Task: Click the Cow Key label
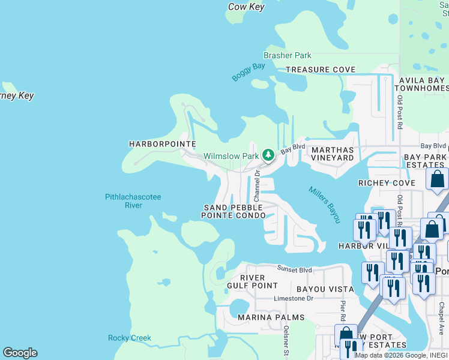coord(247,7)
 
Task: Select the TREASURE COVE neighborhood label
coord(321,70)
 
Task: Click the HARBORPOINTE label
coord(162,144)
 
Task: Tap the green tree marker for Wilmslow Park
coord(268,156)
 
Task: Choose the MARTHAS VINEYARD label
coord(332,154)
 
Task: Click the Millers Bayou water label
coord(325,204)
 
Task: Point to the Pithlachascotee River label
coord(133,201)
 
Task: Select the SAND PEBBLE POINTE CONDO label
coord(233,211)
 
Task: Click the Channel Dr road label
coord(256,185)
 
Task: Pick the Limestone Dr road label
coord(294,298)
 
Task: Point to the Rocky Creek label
coord(130,338)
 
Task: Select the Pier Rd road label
coord(343,312)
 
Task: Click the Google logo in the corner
coord(20,353)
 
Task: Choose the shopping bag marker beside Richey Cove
coord(437,179)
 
